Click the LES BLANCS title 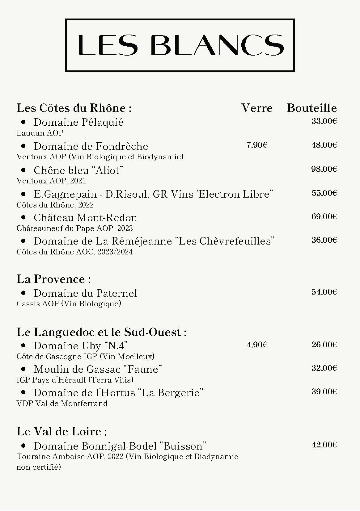pyautogui.click(x=180, y=45)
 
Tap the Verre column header pyautogui.click(x=257, y=108)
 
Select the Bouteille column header pyautogui.click(x=312, y=108)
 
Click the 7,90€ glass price pyautogui.click(x=257, y=145)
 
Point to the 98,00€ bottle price pyautogui.click(x=324, y=169)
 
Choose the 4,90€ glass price pyautogui.click(x=257, y=345)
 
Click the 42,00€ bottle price pyautogui.click(x=324, y=445)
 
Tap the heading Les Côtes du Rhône pyautogui.click(x=74, y=108)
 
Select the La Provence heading pyautogui.click(x=53, y=279)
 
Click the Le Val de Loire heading pyautogui.click(x=61, y=431)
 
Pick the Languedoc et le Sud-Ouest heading pyautogui.click(x=101, y=332)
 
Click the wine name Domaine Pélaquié pyautogui.click(x=78, y=122)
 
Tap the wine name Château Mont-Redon pyautogui.click(x=85, y=218)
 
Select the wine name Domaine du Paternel pyautogui.click(x=85, y=293)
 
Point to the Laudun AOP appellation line pyautogui.click(x=40, y=133)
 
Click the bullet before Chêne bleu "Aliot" pyautogui.click(x=23, y=170)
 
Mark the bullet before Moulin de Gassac pyautogui.click(x=23, y=369)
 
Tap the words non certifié pyautogui.click(x=39, y=467)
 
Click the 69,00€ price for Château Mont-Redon pyautogui.click(x=324, y=216)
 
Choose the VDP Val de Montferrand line pyautogui.click(x=62, y=404)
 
